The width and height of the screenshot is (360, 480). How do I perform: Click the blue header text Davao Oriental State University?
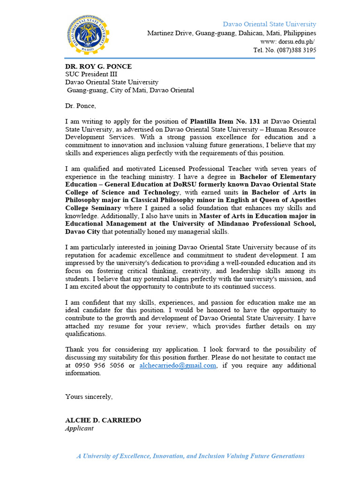(269, 24)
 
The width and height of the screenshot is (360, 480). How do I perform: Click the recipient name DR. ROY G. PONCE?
(98, 66)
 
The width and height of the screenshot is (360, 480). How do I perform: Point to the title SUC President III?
(91, 74)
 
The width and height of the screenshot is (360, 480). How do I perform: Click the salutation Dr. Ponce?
(80, 106)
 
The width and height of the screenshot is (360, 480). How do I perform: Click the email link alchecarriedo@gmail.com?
(178, 366)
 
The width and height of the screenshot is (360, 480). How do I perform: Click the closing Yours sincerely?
(89, 397)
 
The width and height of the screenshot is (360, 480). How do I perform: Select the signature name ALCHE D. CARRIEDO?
(103, 420)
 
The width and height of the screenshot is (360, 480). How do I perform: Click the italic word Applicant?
(79, 428)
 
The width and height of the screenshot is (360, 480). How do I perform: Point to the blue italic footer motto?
(190, 456)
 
